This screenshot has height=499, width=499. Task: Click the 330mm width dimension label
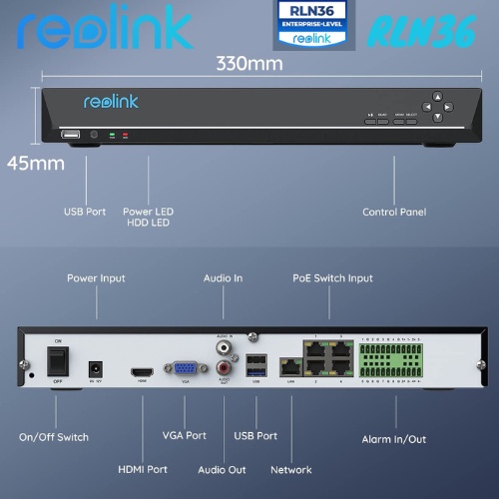pos(249,63)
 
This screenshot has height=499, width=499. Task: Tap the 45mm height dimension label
pos(35,162)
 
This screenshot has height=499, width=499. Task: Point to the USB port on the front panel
pos(70,134)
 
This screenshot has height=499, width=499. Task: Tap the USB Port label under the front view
pos(85,212)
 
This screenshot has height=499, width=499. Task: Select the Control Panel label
pos(394,212)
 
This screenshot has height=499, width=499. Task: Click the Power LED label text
pos(148,212)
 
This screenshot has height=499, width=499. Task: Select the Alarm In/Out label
pos(395,438)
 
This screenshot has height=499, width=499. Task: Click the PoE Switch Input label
pos(332,277)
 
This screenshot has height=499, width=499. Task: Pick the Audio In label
pos(223,277)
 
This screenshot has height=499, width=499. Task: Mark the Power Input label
pos(96,277)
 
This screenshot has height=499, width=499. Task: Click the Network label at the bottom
pos(291,469)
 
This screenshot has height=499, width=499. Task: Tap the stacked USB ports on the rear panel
pos(256,363)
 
